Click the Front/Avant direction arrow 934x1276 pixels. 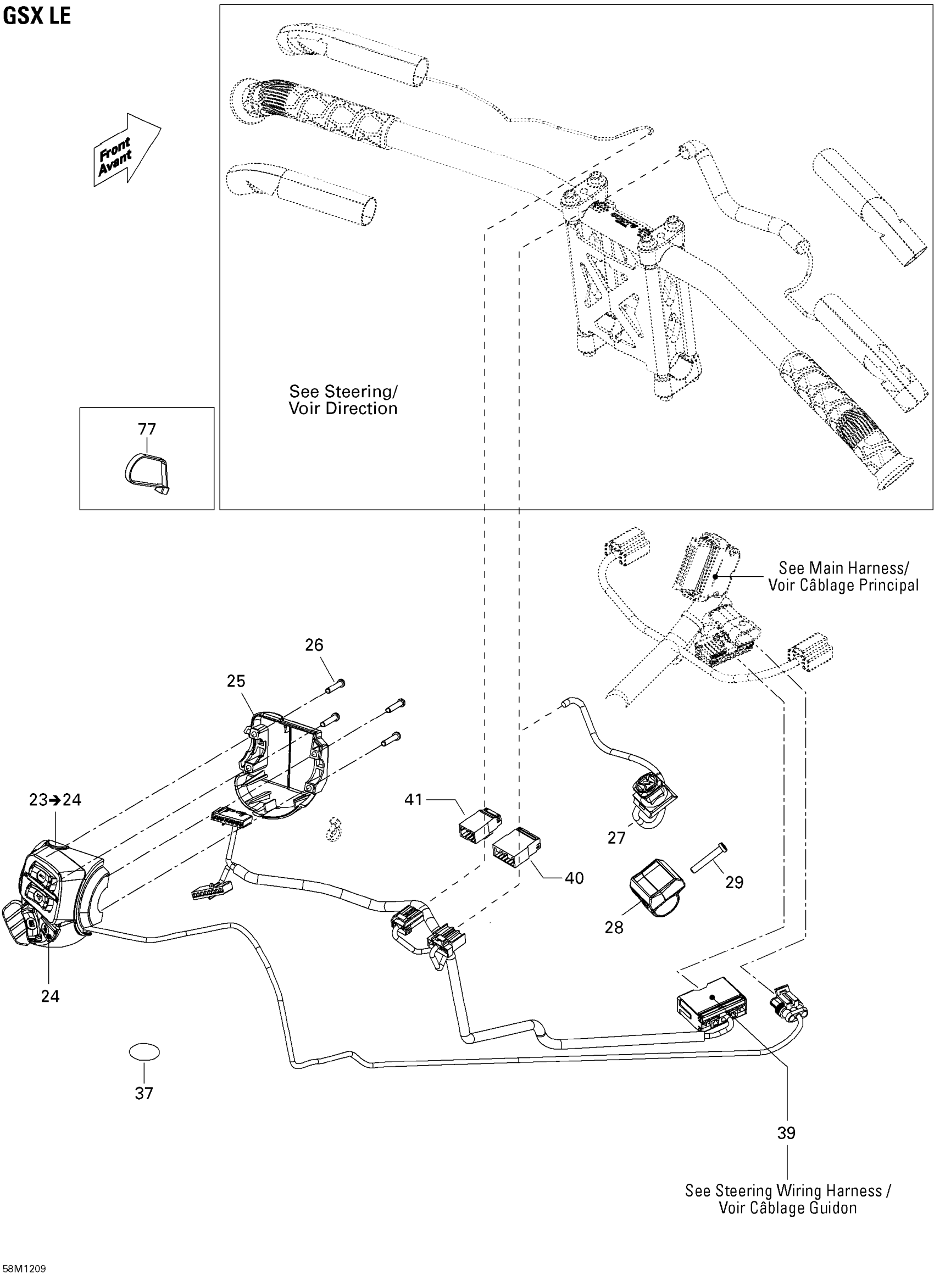(x=127, y=149)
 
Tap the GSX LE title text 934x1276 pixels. (x=37, y=15)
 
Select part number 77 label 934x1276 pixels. (x=147, y=429)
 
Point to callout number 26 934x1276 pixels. (x=314, y=645)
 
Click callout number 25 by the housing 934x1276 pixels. (x=236, y=681)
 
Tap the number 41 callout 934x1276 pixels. (x=413, y=800)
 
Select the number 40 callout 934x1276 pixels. (x=575, y=878)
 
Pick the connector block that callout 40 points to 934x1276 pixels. (x=517, y=848)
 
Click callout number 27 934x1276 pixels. (x=616, y=838)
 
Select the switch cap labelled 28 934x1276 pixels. (x=657, y=887)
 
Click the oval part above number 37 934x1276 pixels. (x=144, y=1052)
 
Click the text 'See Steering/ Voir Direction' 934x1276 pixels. (x=343, y=399)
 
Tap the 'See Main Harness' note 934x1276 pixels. (x=843, y=576)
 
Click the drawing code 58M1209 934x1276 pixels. (x=23, y=1269)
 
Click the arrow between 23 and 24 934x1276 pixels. (x=55, y=800)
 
